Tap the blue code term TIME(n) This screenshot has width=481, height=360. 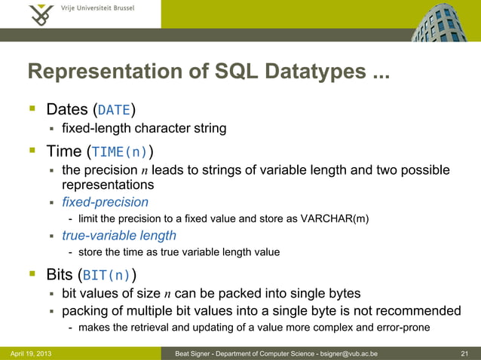(120, 151)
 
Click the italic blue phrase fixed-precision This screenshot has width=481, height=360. (105, 202)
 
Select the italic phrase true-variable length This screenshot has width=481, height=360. (118, 236)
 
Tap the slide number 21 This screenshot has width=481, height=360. (464, 352)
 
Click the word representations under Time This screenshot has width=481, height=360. (108, 185)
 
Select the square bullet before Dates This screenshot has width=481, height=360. (32, 109)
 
